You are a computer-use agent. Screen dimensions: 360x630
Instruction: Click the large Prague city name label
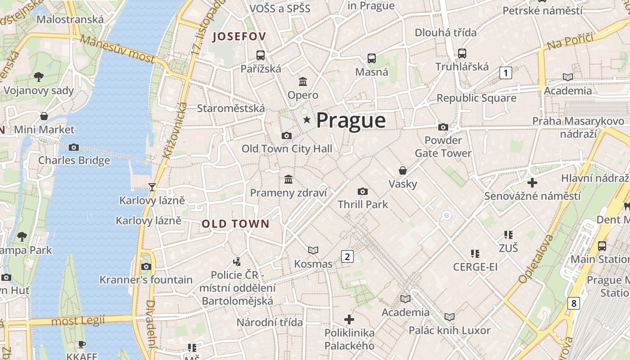[351, 121]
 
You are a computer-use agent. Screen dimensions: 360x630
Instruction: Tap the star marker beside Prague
[307, 120]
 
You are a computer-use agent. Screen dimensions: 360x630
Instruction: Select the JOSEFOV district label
[239, 36]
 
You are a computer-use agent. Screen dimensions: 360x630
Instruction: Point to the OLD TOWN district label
[235, 224]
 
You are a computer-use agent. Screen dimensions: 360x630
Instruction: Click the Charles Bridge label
[74, 160]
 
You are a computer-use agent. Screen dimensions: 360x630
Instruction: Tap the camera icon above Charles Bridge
[74, 147]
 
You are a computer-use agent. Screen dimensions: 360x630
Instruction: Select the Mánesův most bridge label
[118, 49]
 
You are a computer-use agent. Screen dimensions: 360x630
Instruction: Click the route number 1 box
[506, 73]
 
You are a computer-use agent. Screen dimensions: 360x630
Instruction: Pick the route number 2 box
[347, 256]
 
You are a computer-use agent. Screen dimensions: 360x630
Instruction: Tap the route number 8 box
[573, 303]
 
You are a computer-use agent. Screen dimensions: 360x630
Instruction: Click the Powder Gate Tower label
[443, 147]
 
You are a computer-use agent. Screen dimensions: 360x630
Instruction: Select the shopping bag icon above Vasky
[403, 171]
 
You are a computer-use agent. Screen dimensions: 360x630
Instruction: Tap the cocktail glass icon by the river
[152, 187]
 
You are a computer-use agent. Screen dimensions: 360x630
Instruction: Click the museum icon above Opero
[303, 82]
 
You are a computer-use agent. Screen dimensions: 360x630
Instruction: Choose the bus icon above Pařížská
[260, 55]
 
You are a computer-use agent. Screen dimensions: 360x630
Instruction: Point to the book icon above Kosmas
[313, 250]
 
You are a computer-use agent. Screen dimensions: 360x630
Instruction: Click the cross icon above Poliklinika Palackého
[349, 319]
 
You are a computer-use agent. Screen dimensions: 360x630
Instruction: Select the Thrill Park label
[363, 204]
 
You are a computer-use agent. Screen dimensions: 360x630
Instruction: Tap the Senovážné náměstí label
[532, 196]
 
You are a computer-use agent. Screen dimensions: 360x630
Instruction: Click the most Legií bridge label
[78, 321]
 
